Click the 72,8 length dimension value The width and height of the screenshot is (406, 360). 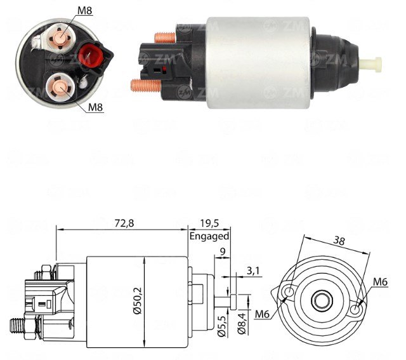pos(124,223)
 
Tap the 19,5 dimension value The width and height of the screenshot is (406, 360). pos(209,223)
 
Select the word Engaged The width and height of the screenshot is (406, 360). pos(209,236)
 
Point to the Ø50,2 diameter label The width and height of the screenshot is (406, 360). pos(138,301)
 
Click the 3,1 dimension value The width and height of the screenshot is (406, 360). pos(252,270)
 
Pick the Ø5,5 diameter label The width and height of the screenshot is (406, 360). pos(222,323)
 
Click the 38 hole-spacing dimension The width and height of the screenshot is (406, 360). pos(339,241)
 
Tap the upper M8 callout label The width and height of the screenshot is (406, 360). pos(85,11)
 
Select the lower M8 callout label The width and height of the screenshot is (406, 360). pos(95,107)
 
